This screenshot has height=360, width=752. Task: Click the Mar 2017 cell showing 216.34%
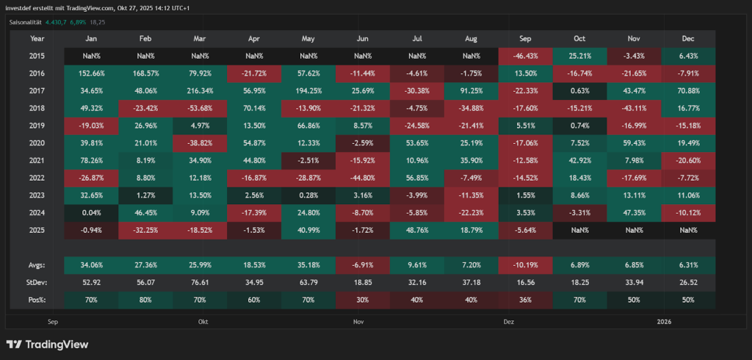(200, 91)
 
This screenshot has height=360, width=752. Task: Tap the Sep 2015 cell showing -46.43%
(525, 56)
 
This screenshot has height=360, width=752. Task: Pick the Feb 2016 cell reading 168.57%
(145, 73)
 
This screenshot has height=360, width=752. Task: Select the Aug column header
(471, 38)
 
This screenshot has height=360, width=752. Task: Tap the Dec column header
(689, 38)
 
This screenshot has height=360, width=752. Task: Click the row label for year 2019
(37, 126)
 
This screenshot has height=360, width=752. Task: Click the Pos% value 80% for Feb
(145, 300)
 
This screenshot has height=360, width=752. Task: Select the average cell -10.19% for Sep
(525, 264)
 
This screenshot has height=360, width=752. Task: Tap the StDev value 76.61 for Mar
(200, 282)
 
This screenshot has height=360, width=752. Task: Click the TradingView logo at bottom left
(47, 344)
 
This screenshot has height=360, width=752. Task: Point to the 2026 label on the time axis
(664, 321)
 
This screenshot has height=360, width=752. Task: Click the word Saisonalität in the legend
(26, 22)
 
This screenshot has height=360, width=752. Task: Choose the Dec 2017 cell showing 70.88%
(689, 91)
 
